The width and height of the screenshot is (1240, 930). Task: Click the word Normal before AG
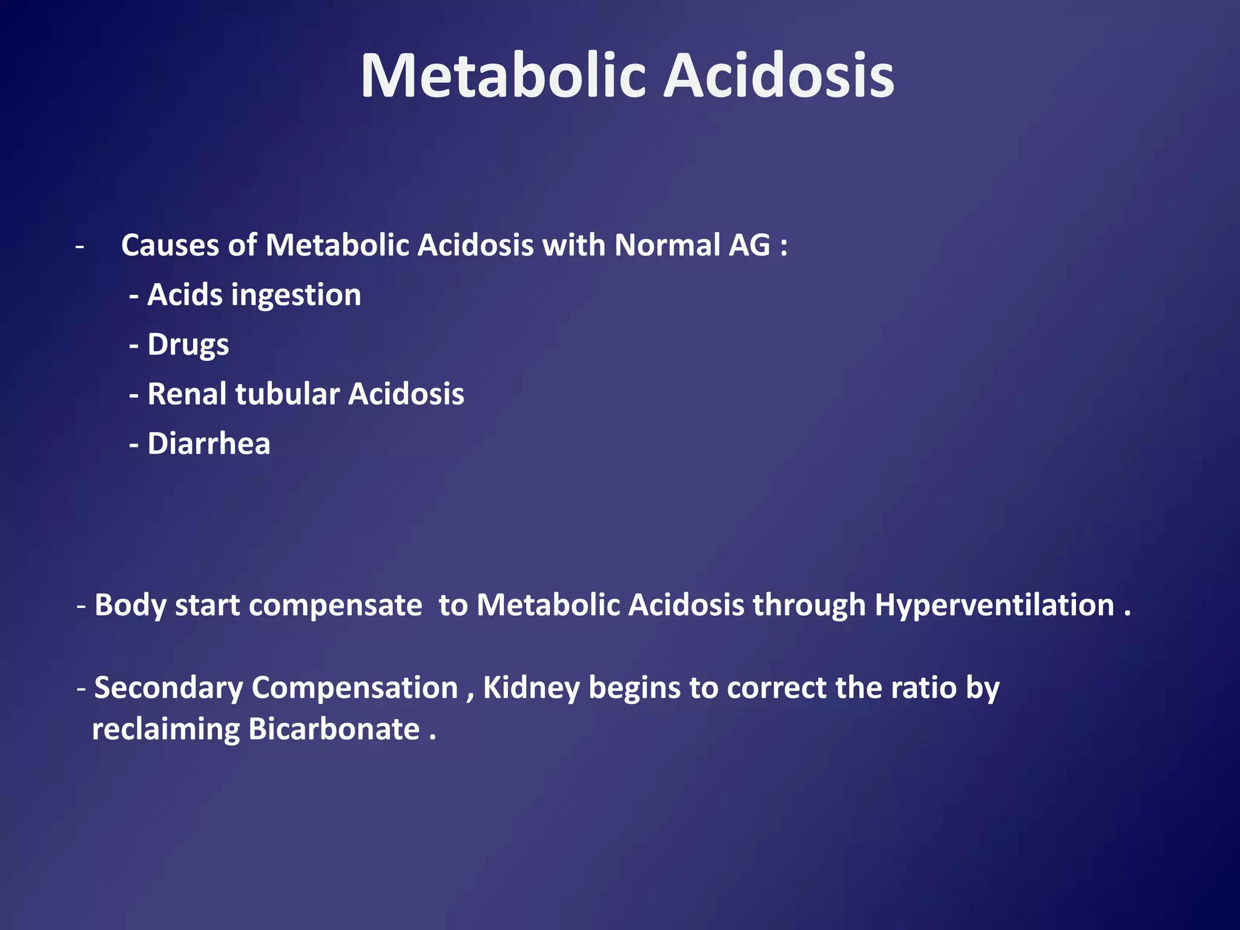click(x=667, y=245)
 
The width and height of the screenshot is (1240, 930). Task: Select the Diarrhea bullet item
click(x=208, y=444)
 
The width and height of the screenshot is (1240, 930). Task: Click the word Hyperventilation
click(x=994, y=605)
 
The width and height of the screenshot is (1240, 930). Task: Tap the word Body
click(x=130, y=605)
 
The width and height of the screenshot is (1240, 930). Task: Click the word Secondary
click(x=168, y=688)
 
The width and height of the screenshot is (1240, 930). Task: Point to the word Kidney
click(x=531, y=688)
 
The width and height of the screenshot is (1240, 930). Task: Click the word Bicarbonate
click(x=334, y=729)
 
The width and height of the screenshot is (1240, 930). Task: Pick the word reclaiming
click(x=166, y=729)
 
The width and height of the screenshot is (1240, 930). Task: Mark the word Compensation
click(x=354, y=688)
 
